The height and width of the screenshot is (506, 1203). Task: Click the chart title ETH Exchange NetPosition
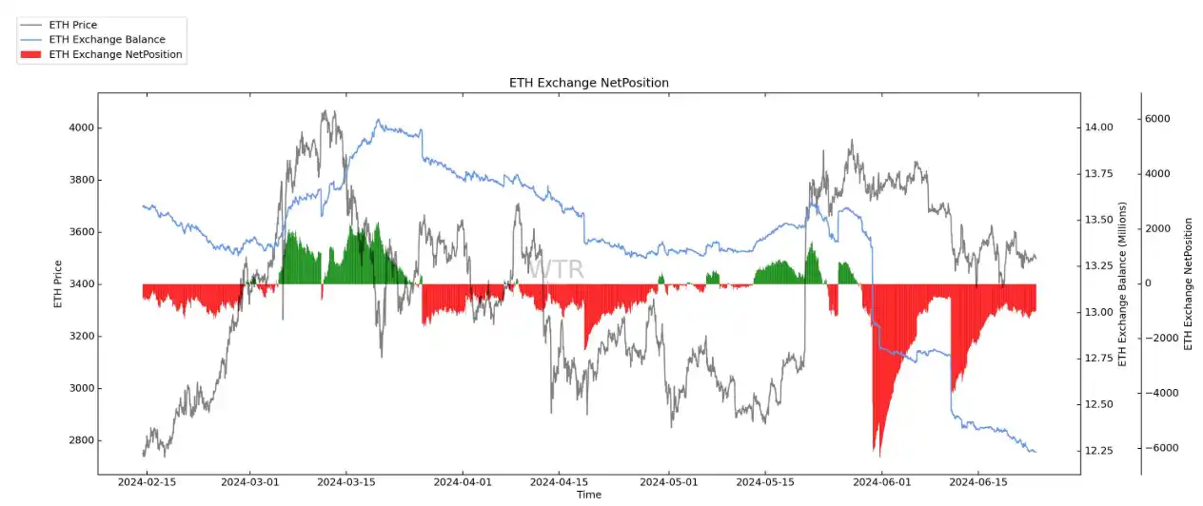click(x=589, y=83)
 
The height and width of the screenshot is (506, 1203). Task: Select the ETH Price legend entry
click(x=72, y=25)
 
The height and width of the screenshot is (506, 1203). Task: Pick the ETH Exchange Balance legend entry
click(x=107, y=40)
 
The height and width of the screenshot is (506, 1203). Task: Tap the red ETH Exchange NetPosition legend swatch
click(x=30, y=55)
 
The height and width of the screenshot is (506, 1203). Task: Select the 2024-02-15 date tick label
click(x=147, y=483)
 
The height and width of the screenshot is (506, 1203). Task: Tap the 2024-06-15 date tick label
click(x=978, y=483)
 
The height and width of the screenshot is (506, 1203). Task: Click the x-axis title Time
click(x=589, y=495)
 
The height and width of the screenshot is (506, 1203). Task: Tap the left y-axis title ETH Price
click(x=58, y=283)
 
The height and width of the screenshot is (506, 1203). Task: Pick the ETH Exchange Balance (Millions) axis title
click(x=1122, y=283)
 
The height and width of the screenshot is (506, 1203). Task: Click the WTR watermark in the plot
click(x=557, y=269)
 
